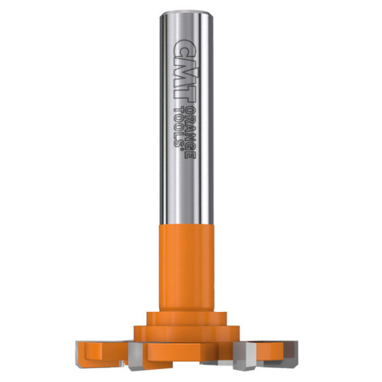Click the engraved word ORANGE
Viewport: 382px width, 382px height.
(x=190, y=133)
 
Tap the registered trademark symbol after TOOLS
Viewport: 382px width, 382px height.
(x=181, y=149)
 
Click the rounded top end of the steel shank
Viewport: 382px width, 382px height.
(x=187, y=13)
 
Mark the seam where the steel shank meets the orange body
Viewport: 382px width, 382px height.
(x=187, y=224)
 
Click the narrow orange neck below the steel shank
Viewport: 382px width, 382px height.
(x=187, y=268)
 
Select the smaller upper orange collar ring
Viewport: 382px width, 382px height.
(x=187, y=318)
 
